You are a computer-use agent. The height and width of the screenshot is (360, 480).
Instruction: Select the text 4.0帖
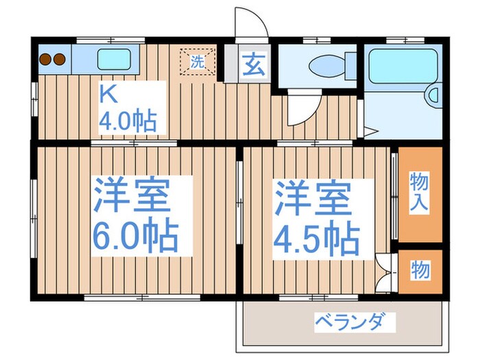[x=128, y=121]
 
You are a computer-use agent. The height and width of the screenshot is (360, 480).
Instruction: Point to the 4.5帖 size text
[x=315, y=239]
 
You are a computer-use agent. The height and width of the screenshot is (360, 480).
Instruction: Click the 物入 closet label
[x=420, y=192]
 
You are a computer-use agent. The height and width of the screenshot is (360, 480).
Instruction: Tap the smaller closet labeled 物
[x=420, y=271]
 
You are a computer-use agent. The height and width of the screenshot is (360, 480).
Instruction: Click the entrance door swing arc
[x=254, y=24]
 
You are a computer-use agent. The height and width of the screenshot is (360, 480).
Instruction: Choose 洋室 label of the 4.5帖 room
[x=314, y=197]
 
